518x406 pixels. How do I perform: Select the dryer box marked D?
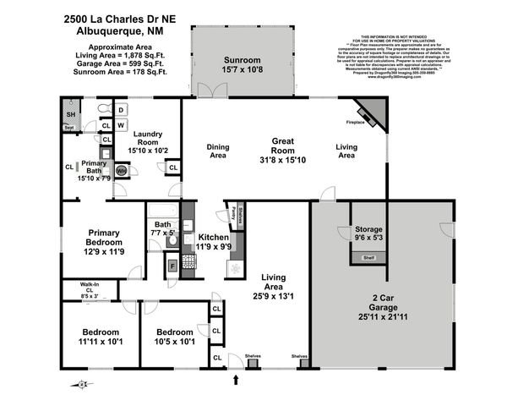122,110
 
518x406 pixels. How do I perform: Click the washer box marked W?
122,126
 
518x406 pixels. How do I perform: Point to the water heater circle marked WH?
121,170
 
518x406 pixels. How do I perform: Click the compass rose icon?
82,384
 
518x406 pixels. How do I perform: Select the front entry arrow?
236,380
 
